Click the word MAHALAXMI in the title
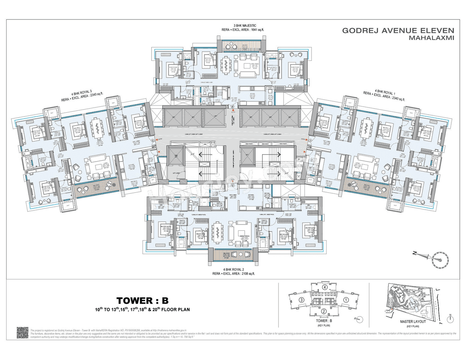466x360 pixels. point(431,38)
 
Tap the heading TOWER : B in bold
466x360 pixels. point(142,301)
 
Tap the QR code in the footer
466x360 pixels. point(23,333)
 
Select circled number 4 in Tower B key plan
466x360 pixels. point(324,287)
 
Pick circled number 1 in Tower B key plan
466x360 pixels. point(346,300)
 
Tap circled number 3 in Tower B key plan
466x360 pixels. point(301,300)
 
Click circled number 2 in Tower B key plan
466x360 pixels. point(324,311)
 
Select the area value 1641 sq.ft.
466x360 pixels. point(256,30)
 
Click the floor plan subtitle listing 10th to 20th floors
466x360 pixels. point(142,310)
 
